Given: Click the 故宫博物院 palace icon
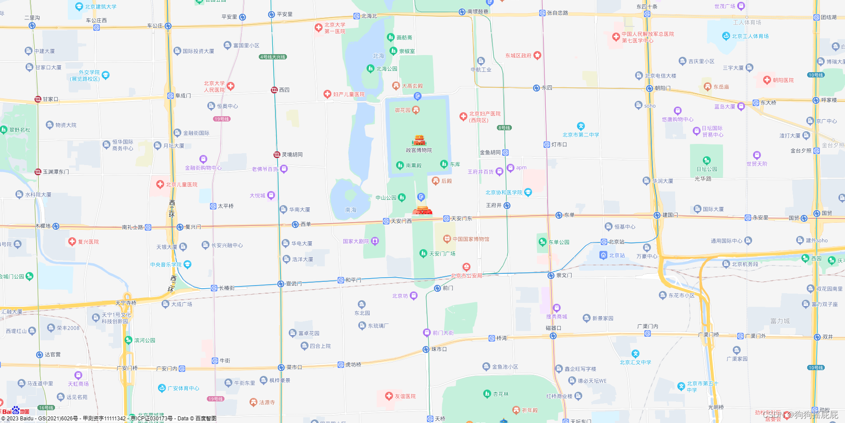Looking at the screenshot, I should coord(419,140).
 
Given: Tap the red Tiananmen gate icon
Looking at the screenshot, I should coord(422,210).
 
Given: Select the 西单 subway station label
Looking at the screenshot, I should coord(305,224).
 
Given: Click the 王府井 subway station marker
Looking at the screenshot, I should coord(507,206).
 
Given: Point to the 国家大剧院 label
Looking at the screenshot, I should coord(356,241).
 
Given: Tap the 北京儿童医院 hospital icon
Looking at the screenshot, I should coord(160,184).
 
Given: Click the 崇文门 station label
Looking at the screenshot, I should coord(564,276).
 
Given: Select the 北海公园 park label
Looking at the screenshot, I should coord(386,69).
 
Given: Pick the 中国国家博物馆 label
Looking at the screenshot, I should coord(470,239).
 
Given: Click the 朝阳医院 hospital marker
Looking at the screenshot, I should coord(767,80).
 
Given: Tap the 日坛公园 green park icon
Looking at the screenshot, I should coord(706,160).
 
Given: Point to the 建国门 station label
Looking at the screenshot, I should coord(670,215).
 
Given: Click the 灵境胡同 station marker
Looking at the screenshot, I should coord(277,154).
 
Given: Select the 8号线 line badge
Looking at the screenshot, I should coord(504,128).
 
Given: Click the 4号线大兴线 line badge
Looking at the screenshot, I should coord(273,57).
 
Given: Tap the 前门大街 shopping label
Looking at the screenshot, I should coord(443,333).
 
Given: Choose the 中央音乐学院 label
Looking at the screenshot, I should coord(165,265).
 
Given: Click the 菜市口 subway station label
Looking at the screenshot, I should coord(294,367).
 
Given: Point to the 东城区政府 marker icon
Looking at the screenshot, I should coord(537,55).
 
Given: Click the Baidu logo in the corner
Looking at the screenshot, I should coord(15,411).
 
